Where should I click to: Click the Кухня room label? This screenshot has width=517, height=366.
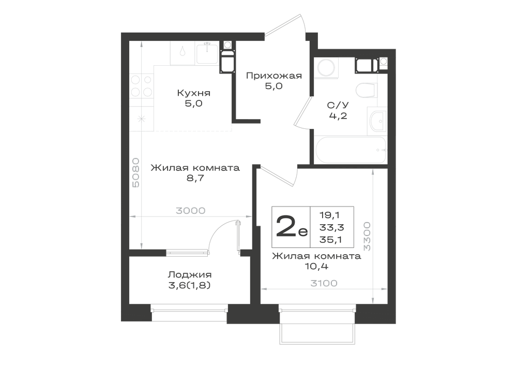(194, 93)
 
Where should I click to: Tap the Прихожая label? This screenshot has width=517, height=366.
(274, 76)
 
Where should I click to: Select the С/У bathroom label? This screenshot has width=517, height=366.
(338, 105)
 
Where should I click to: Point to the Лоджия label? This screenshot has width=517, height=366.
(190, 274)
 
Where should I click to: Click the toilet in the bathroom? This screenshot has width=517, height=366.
(367, 90)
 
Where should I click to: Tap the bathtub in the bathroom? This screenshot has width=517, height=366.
(351, 150)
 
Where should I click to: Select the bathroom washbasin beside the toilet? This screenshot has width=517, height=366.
(377, 121)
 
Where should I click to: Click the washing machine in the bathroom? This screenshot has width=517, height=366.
(326, 68)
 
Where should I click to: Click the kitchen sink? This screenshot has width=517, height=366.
(207, 53)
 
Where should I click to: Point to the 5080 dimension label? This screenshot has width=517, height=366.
(136, 172)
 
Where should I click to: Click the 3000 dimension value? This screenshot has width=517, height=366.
(191, 211)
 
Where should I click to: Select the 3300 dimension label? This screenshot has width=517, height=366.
(367, 236)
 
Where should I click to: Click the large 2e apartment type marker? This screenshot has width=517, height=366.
(291, 227)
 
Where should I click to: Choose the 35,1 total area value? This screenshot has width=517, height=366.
(331, 240)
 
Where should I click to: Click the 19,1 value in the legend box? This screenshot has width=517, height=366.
(330, 215)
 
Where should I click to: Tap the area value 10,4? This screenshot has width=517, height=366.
(316, 266)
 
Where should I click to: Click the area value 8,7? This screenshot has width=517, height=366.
(195, 178)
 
